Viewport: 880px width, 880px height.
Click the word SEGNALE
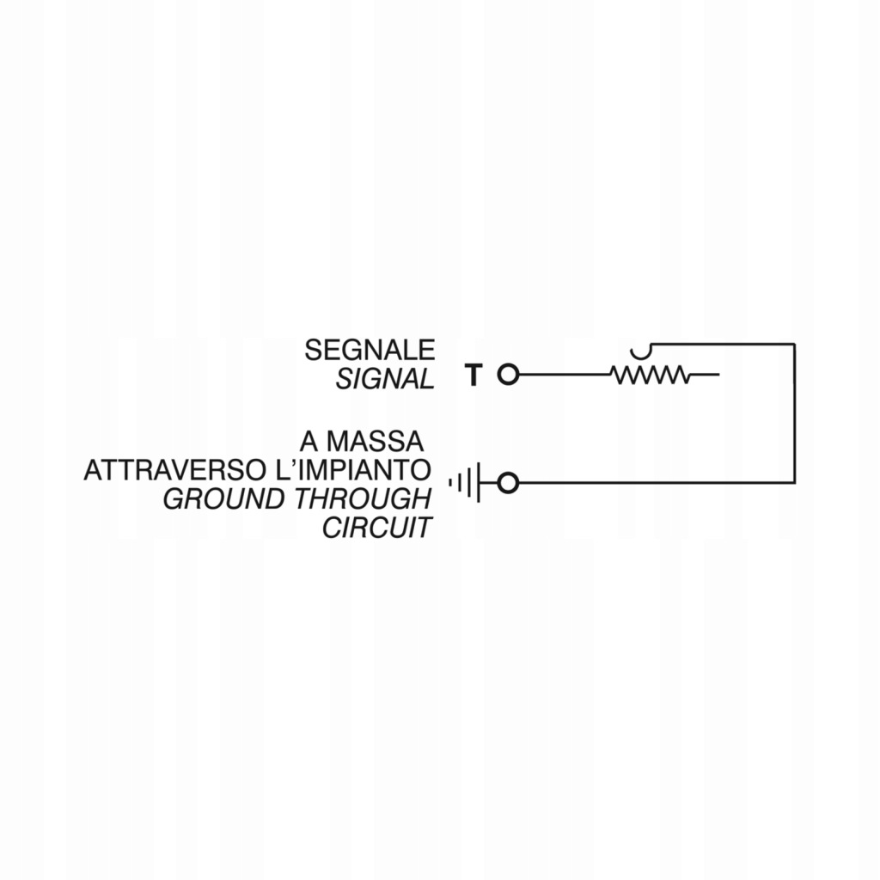pyautogui.click(x=370, y=350)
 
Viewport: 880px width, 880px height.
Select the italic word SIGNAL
pyautogui.click(x=385, y=379)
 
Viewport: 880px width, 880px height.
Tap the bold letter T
pyautogui.click(x=474, y=376)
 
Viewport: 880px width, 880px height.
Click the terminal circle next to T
pyautogui.click(x=509, y=375)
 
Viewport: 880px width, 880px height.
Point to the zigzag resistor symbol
pyautogui.click(x=650, y=375)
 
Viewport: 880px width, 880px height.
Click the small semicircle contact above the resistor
pyautogui.click(x=640, y=351)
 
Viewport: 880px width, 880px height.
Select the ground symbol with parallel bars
pyautogui.click(x=465, y=484)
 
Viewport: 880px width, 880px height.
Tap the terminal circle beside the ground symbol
pyautogui.click(x=509, y=484)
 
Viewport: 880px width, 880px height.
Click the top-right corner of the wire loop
pyautogui.click(x=793, y=344)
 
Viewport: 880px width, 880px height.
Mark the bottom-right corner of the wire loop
pyautogui.click(x=793, y=483)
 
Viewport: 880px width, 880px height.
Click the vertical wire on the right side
pyautogui.click(x=793, y=412)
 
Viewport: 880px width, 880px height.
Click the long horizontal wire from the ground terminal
pyautogui.click(x=653, y=483)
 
